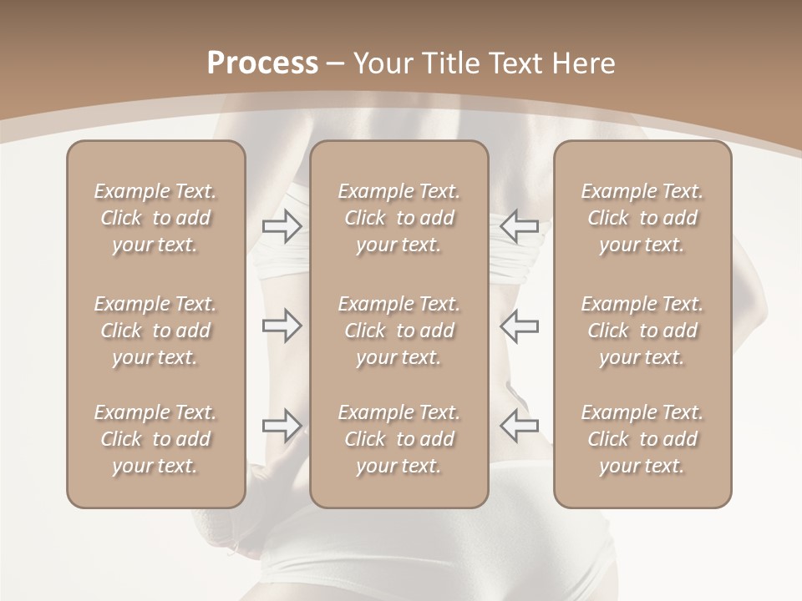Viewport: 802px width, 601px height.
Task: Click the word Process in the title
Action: click(262, 63)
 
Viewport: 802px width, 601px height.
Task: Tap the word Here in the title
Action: click(584, 63)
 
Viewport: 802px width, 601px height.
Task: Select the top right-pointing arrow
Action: click(282, 225)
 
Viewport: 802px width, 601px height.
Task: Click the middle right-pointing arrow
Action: click(282, 326)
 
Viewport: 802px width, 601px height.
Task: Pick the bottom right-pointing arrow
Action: click(282, 425)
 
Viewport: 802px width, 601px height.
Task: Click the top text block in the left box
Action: click(155, 218)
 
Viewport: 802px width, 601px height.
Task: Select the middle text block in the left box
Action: click(155, 331)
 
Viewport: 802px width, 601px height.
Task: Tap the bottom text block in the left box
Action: click(155, 439)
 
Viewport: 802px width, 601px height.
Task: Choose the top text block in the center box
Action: click(399, 218)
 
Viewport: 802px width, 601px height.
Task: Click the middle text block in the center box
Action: click(399, 331)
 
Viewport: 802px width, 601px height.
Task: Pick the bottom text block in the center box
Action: click(399, 439)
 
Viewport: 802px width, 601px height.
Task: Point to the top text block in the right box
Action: click(642, 218)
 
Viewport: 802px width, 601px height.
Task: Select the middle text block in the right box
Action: click(642, 331)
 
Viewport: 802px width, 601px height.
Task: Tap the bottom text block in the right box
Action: click(642, 439)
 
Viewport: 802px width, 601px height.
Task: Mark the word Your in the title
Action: click(380, 63)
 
